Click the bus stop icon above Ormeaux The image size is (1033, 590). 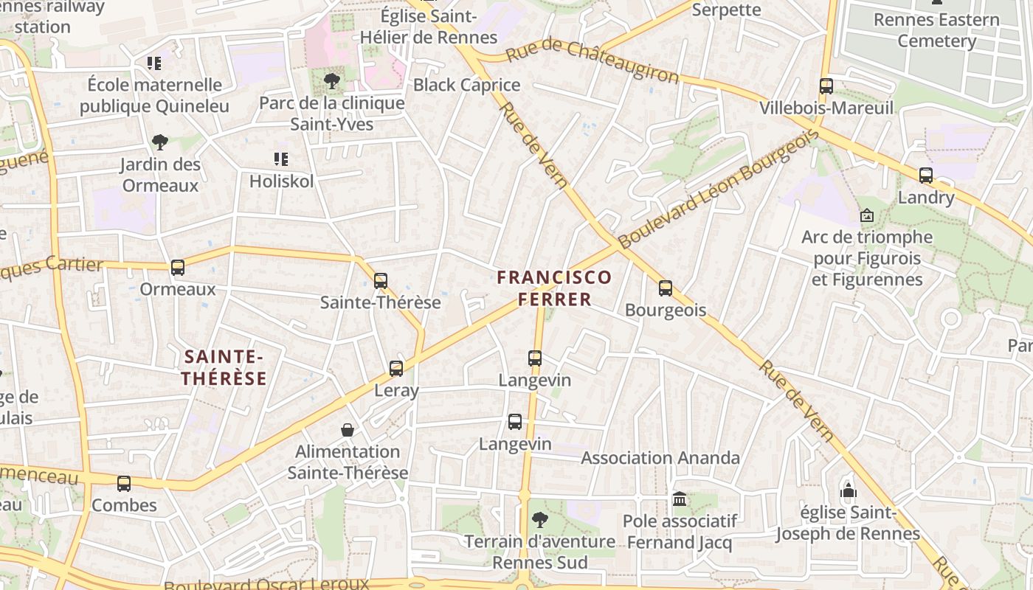[178, 268]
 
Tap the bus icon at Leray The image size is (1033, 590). [396, 368]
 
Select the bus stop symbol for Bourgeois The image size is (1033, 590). [666, 288]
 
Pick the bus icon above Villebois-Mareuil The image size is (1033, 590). [826, 86]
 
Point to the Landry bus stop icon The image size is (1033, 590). [926, 176]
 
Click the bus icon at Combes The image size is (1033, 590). [124, 484]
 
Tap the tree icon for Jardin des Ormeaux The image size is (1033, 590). [159, 142]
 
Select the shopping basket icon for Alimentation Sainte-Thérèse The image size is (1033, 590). [348, 430]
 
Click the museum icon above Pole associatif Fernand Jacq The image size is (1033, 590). [680, 499]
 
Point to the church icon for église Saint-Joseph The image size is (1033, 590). [849, 491]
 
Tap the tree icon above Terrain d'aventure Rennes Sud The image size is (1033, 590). [540, 520]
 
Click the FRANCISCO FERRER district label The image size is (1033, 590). [554, 288]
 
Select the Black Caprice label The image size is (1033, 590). [466, 85]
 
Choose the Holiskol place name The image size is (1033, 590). [281, 181]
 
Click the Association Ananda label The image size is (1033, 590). [660, 458]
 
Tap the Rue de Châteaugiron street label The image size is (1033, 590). [592, 61]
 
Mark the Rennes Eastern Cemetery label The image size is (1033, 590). [936, 30]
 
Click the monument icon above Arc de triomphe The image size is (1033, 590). [867, 216]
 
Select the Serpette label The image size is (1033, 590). [727, 10]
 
